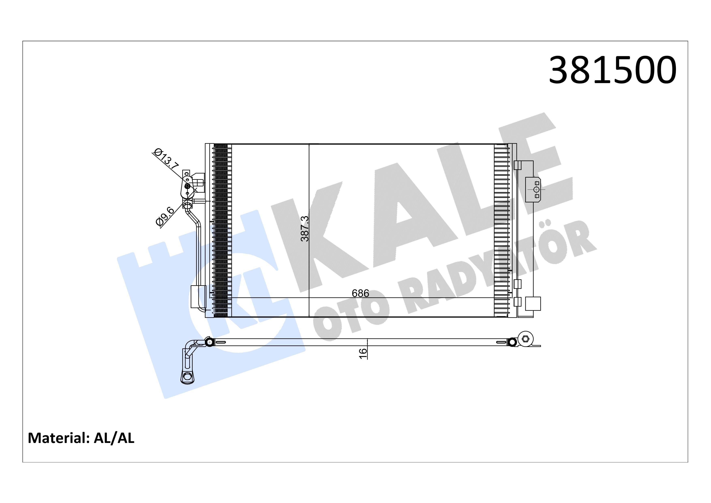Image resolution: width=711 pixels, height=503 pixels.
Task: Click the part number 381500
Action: [612, 71]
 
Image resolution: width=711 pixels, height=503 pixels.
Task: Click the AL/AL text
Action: [114, 438]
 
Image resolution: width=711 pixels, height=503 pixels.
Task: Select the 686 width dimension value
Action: [360, 293]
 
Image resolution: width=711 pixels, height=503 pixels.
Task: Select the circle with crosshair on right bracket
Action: [536, 189]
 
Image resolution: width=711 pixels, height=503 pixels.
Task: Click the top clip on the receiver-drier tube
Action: [517, 165]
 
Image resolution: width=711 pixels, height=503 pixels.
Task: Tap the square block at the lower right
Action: [533, 303]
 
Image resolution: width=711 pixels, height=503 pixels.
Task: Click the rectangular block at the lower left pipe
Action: [198, 297]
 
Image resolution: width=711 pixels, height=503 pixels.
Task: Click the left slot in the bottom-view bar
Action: [220, 343]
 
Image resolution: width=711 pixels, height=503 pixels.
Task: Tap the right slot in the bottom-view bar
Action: [501, 343]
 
